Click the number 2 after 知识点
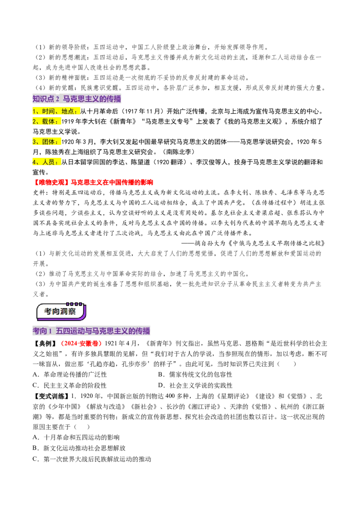click(58, 99)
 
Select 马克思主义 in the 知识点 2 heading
click(81, 99)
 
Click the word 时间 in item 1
click(48, 111)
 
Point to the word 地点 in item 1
click(67, 111)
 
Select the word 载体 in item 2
click(49, 121)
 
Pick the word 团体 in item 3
click(49, 142)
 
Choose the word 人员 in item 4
click(49, 162)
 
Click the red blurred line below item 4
click(94, 183)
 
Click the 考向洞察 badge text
click(60, 312)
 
